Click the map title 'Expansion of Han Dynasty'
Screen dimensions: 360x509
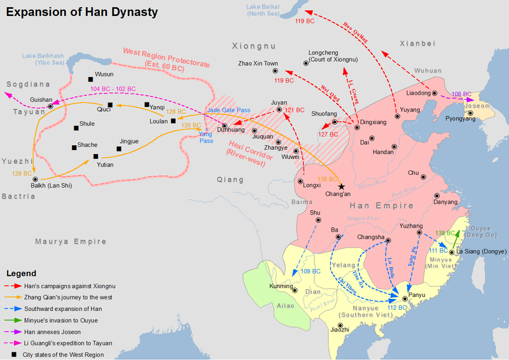tap(82, 12)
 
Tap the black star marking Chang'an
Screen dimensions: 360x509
tap(342, 186)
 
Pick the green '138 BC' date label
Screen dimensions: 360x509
tap(445, 233)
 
